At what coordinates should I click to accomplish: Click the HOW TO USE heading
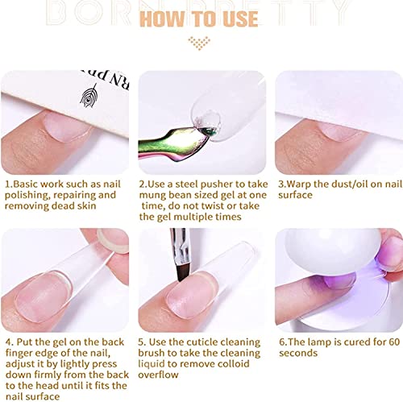(199, 19)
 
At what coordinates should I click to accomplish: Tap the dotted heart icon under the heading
(199, 44)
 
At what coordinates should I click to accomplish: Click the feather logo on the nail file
(89, 95)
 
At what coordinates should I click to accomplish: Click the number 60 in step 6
(394, 342)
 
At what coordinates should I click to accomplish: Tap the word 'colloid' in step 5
(234, 363)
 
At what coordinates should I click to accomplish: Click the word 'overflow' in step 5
(158, 375)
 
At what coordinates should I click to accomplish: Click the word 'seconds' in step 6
(298, 353)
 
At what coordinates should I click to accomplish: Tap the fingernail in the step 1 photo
(67, 126)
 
